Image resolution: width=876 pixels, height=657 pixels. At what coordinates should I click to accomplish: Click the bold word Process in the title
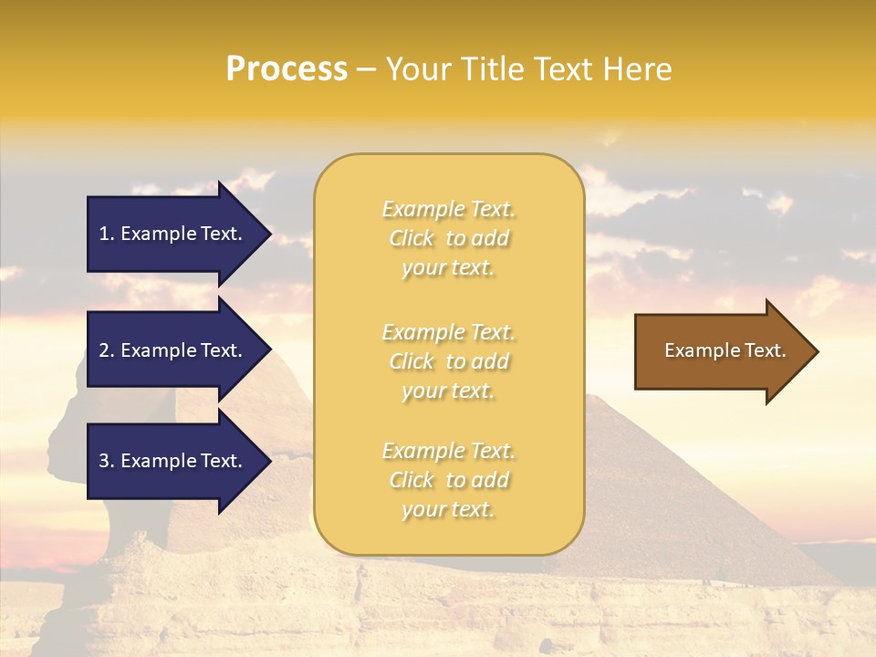click(287, 69)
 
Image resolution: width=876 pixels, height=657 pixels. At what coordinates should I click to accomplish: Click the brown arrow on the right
click(721, 350)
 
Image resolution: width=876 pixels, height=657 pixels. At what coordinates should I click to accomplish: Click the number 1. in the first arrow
click(107, 234)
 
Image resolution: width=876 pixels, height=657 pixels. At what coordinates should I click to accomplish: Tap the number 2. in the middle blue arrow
click(107, 350)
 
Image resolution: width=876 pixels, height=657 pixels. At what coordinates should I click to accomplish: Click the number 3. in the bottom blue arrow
click(107, 461)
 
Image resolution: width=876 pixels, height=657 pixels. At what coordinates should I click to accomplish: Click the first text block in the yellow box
click(448, 238)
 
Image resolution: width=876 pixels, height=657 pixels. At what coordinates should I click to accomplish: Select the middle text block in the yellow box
click(448, 361)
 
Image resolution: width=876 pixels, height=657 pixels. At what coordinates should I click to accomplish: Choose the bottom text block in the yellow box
click(448, 480)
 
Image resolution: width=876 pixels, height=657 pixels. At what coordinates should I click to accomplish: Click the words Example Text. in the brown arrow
click(725, 350)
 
